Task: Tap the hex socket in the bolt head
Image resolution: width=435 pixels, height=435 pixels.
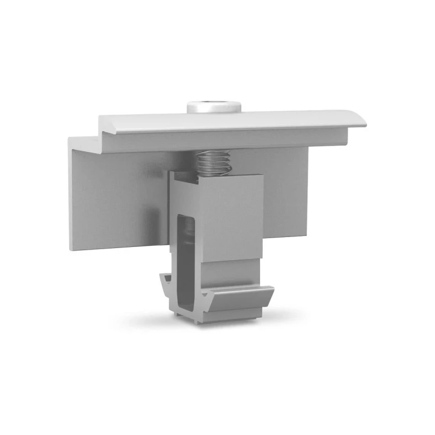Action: (x=215, y=103)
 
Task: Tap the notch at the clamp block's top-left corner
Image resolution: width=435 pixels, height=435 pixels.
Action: (x=176, y=175)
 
